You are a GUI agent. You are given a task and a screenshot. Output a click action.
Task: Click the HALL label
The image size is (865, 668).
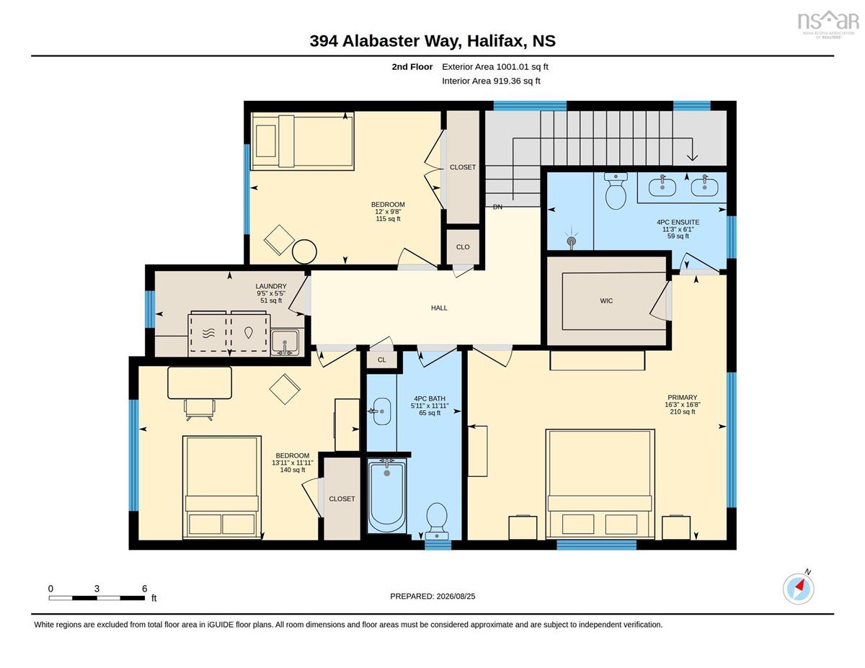pos(439,308)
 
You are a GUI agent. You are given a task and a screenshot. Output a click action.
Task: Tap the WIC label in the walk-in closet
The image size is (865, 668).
pos(606,300)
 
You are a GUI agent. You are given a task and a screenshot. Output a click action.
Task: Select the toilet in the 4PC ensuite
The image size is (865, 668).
pos(616,191)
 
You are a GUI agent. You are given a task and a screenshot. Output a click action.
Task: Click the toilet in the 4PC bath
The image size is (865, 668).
pos(437,521)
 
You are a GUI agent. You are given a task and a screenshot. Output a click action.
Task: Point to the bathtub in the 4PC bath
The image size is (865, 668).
pos(387,496)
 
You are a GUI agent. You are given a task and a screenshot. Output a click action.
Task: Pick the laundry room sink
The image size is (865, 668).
pos(285,342)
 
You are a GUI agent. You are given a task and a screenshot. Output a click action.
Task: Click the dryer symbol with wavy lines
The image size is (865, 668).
pos(208,334)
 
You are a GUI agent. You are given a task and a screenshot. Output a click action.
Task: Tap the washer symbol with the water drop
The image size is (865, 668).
pos(249,333)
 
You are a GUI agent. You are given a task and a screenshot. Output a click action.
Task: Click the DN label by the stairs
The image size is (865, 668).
pos(497,207)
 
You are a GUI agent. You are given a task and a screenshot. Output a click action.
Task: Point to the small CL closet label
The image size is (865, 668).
pos(382,360)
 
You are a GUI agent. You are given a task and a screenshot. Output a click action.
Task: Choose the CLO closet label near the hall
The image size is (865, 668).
pos(463,247)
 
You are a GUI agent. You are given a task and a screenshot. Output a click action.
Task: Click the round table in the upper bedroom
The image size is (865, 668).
pos(304,251)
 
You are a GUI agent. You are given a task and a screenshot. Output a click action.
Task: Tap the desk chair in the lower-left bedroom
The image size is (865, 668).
pos(200,410)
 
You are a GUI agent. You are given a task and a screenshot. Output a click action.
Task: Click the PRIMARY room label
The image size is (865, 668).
pos(683,397)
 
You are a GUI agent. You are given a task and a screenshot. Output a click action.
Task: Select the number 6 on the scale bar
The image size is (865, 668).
pos(144,589)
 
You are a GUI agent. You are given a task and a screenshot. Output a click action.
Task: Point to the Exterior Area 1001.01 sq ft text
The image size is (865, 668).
pos(494,67)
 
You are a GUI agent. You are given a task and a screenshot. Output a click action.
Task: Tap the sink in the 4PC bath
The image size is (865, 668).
pos(381,411)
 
